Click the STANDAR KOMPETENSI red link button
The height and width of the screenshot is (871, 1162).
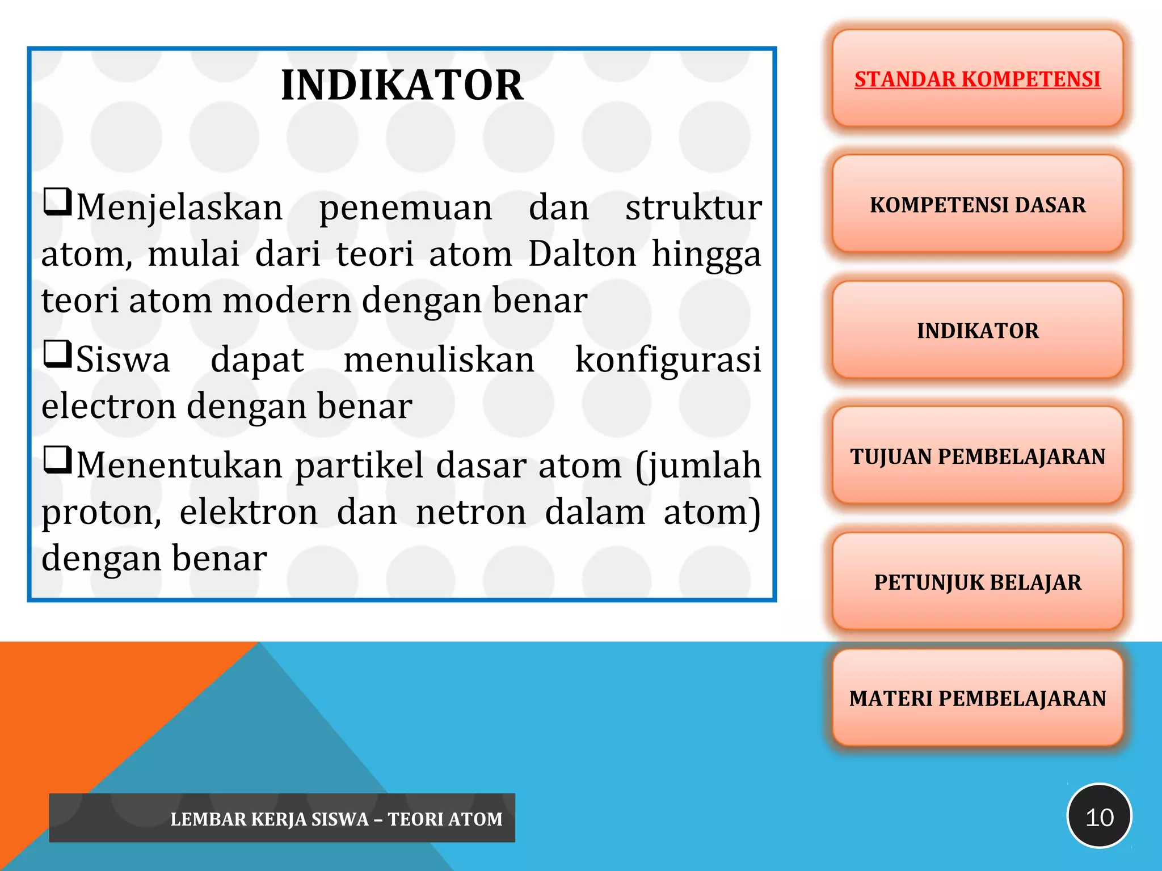(x=977, y=79)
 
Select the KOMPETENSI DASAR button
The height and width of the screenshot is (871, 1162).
(x=977, y=205)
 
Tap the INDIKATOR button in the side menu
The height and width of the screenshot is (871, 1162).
(x=977, y=331)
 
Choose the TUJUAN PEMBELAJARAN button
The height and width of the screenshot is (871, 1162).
(x=977, y=456)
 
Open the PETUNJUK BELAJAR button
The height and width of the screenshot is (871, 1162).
(x=977, y=582)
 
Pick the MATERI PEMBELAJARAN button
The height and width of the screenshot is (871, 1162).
(x=977, y=698)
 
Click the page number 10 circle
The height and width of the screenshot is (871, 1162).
(x=1099, y=817)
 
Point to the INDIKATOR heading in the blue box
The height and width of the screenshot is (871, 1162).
(x=402, y=86)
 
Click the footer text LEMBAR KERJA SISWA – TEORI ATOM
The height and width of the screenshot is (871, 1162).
(x=336, y=819)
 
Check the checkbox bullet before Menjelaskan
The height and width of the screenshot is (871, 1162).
(x=57, y=202)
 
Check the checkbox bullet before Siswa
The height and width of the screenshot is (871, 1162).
(x=57, y=354)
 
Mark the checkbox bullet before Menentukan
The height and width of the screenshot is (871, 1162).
(x=57, y=460)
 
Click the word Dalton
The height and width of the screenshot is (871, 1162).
(x=582, y=253)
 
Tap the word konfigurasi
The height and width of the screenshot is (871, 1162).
(x=668, y=361)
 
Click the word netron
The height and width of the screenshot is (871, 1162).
(x=471, y=512)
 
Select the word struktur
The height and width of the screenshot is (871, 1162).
(x=693, y=208)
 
